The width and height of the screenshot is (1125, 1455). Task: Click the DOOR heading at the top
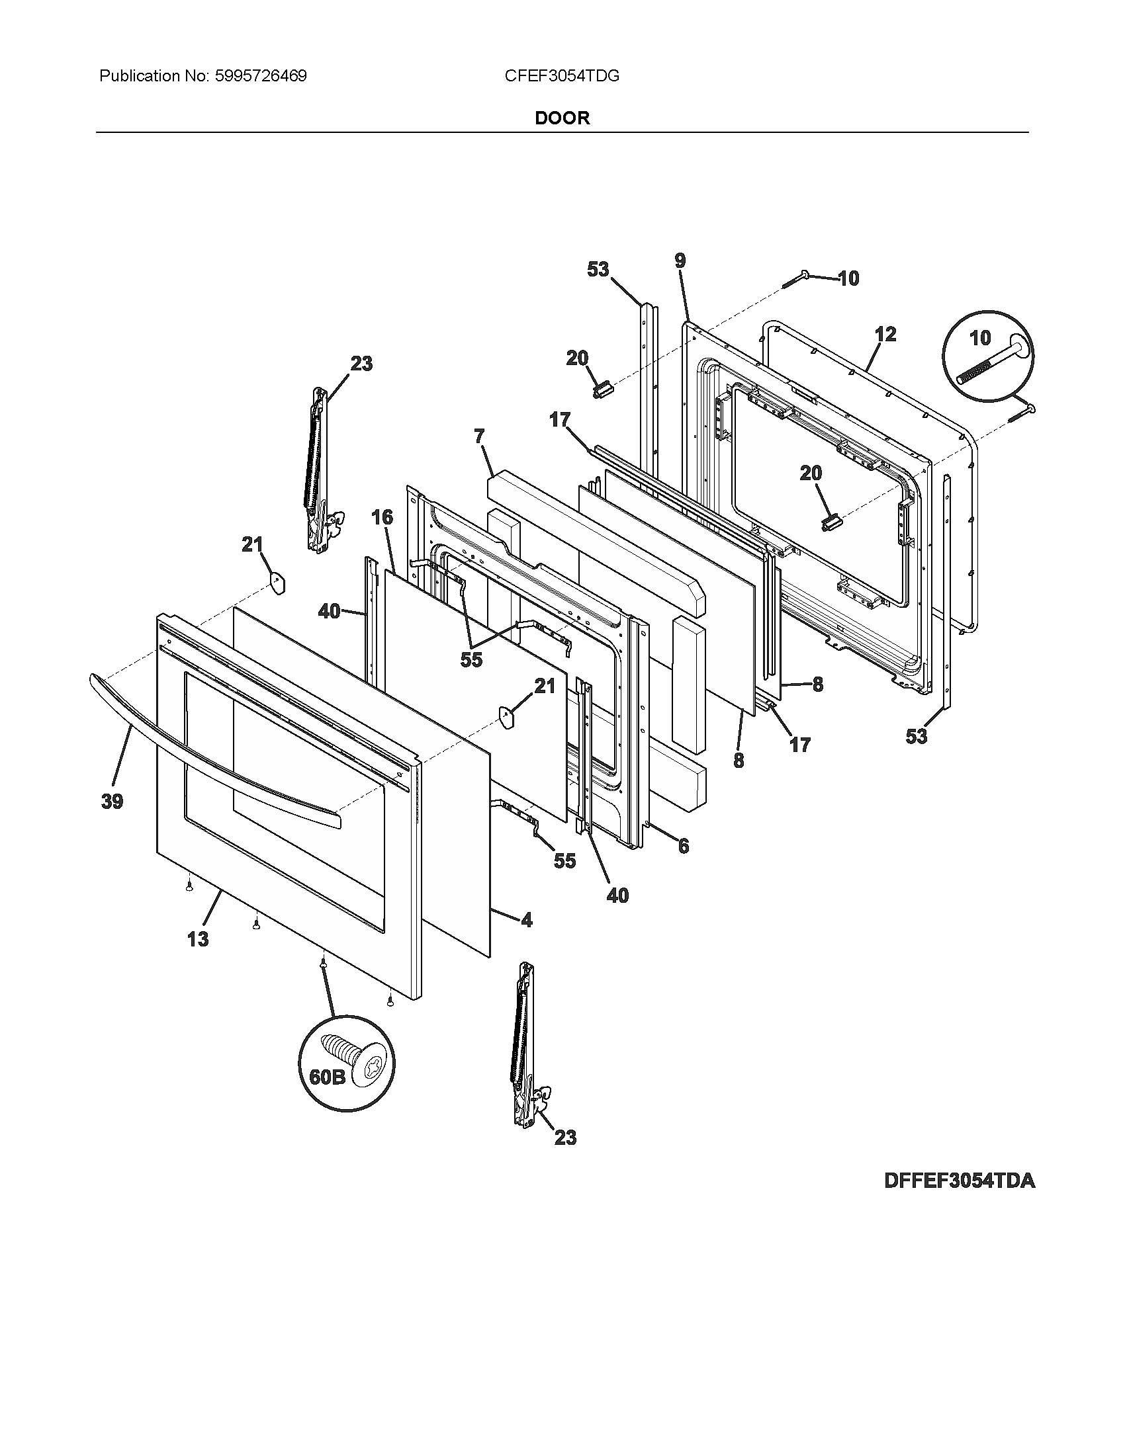tap(562, 118)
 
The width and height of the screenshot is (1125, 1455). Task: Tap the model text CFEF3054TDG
tap(562, 76)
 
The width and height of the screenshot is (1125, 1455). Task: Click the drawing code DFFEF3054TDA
tap(959, 1181)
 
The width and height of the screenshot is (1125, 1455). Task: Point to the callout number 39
tap(112, 802)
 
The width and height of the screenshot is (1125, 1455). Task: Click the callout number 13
tap(198, 939)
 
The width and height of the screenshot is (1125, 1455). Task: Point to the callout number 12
tap(885, 334)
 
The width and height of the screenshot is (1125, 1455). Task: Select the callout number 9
tap(679, 261)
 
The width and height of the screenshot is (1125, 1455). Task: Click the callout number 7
tap(479, 437)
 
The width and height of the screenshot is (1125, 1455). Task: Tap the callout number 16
tap(382, 517)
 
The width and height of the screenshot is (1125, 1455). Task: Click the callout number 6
tap(683, 846)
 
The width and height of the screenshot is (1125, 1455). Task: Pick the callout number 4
tap(527, 920)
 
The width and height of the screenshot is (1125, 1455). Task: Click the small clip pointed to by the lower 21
tap(506, 717)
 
